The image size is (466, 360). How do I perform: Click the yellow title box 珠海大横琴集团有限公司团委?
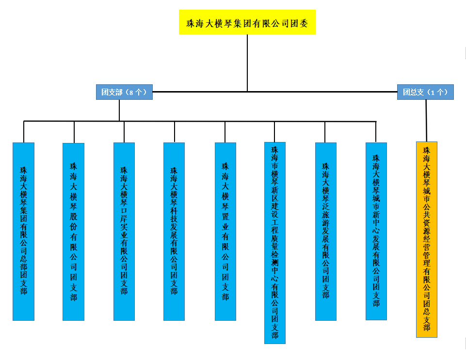point(247,22)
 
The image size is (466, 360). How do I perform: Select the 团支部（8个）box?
point(124,92)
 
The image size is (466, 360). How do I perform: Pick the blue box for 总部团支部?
point(23,231)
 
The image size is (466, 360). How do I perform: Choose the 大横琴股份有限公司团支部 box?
point(74,231)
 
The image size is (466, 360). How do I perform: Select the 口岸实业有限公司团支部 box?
point(124,231)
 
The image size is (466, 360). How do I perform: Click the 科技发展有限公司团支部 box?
point(174,231)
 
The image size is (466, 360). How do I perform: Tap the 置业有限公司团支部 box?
point(225,231)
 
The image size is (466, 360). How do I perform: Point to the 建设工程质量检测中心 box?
point(275,242)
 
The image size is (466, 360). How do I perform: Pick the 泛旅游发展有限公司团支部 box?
point(325,231)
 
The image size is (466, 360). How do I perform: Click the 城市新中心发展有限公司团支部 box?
point(376,231)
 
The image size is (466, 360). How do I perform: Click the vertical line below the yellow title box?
point(247,63)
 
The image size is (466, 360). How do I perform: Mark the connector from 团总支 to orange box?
point(426,120)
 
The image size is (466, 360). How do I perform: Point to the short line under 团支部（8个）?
point(119,110)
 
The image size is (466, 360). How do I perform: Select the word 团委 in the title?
point(302,22)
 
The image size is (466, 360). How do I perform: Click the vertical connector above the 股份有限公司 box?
point(74,132)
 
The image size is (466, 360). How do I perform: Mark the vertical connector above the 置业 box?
point(225,132)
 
